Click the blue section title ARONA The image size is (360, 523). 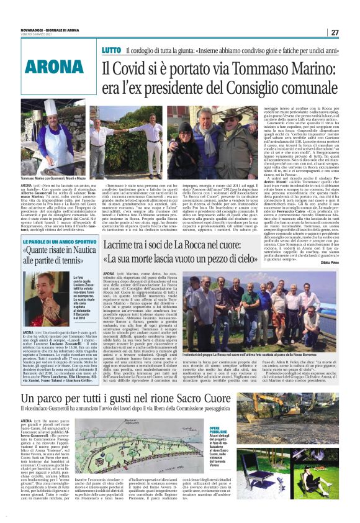tap(47, 64)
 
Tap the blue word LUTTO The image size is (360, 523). tap(112, 49)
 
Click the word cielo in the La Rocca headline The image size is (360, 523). tap(247, 260)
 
